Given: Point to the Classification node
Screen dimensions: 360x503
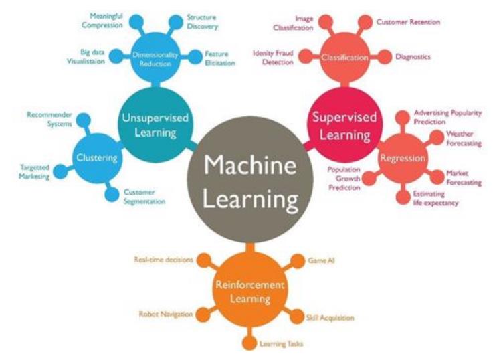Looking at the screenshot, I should point(344,57).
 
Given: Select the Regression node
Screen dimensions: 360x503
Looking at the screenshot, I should point(399,158).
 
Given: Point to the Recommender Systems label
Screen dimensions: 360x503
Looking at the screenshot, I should point(49,119).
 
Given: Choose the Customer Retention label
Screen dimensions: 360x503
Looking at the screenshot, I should point(408,22).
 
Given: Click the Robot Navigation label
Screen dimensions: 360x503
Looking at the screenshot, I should point(165,314).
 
